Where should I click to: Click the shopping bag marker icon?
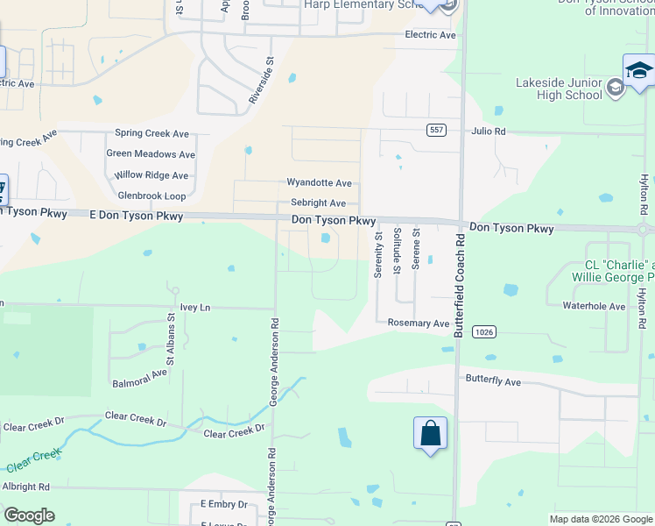(x=430, y=433)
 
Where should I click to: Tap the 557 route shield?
(x=436, y=130)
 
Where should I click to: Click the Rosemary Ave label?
(x=418, y=323)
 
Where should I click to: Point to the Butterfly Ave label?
(x=493, y=382)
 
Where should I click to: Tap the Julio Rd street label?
(x=489, y=131)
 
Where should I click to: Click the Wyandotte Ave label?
(x=319, y=183)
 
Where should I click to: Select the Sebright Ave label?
(x=318, y=203)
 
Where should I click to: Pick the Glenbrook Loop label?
(x=151, y=195)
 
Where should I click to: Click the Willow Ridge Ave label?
(x=152, y=175)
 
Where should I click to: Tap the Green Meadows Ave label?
(x=151, y=153)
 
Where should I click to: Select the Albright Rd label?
(x=25, y=487)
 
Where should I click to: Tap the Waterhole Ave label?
(x=594, y=307)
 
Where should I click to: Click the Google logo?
(x=29, y=515)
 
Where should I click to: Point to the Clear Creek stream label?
(x=34, y=461)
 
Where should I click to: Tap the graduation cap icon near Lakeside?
(x=639, y=70)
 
